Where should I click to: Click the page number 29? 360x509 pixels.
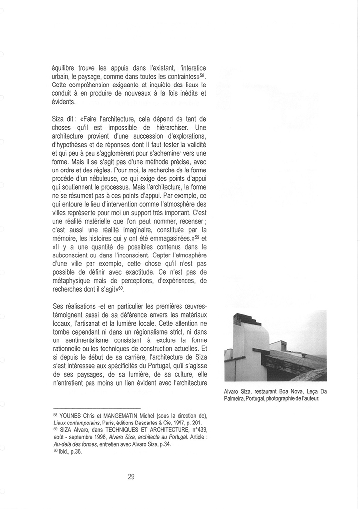pos(131,476)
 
